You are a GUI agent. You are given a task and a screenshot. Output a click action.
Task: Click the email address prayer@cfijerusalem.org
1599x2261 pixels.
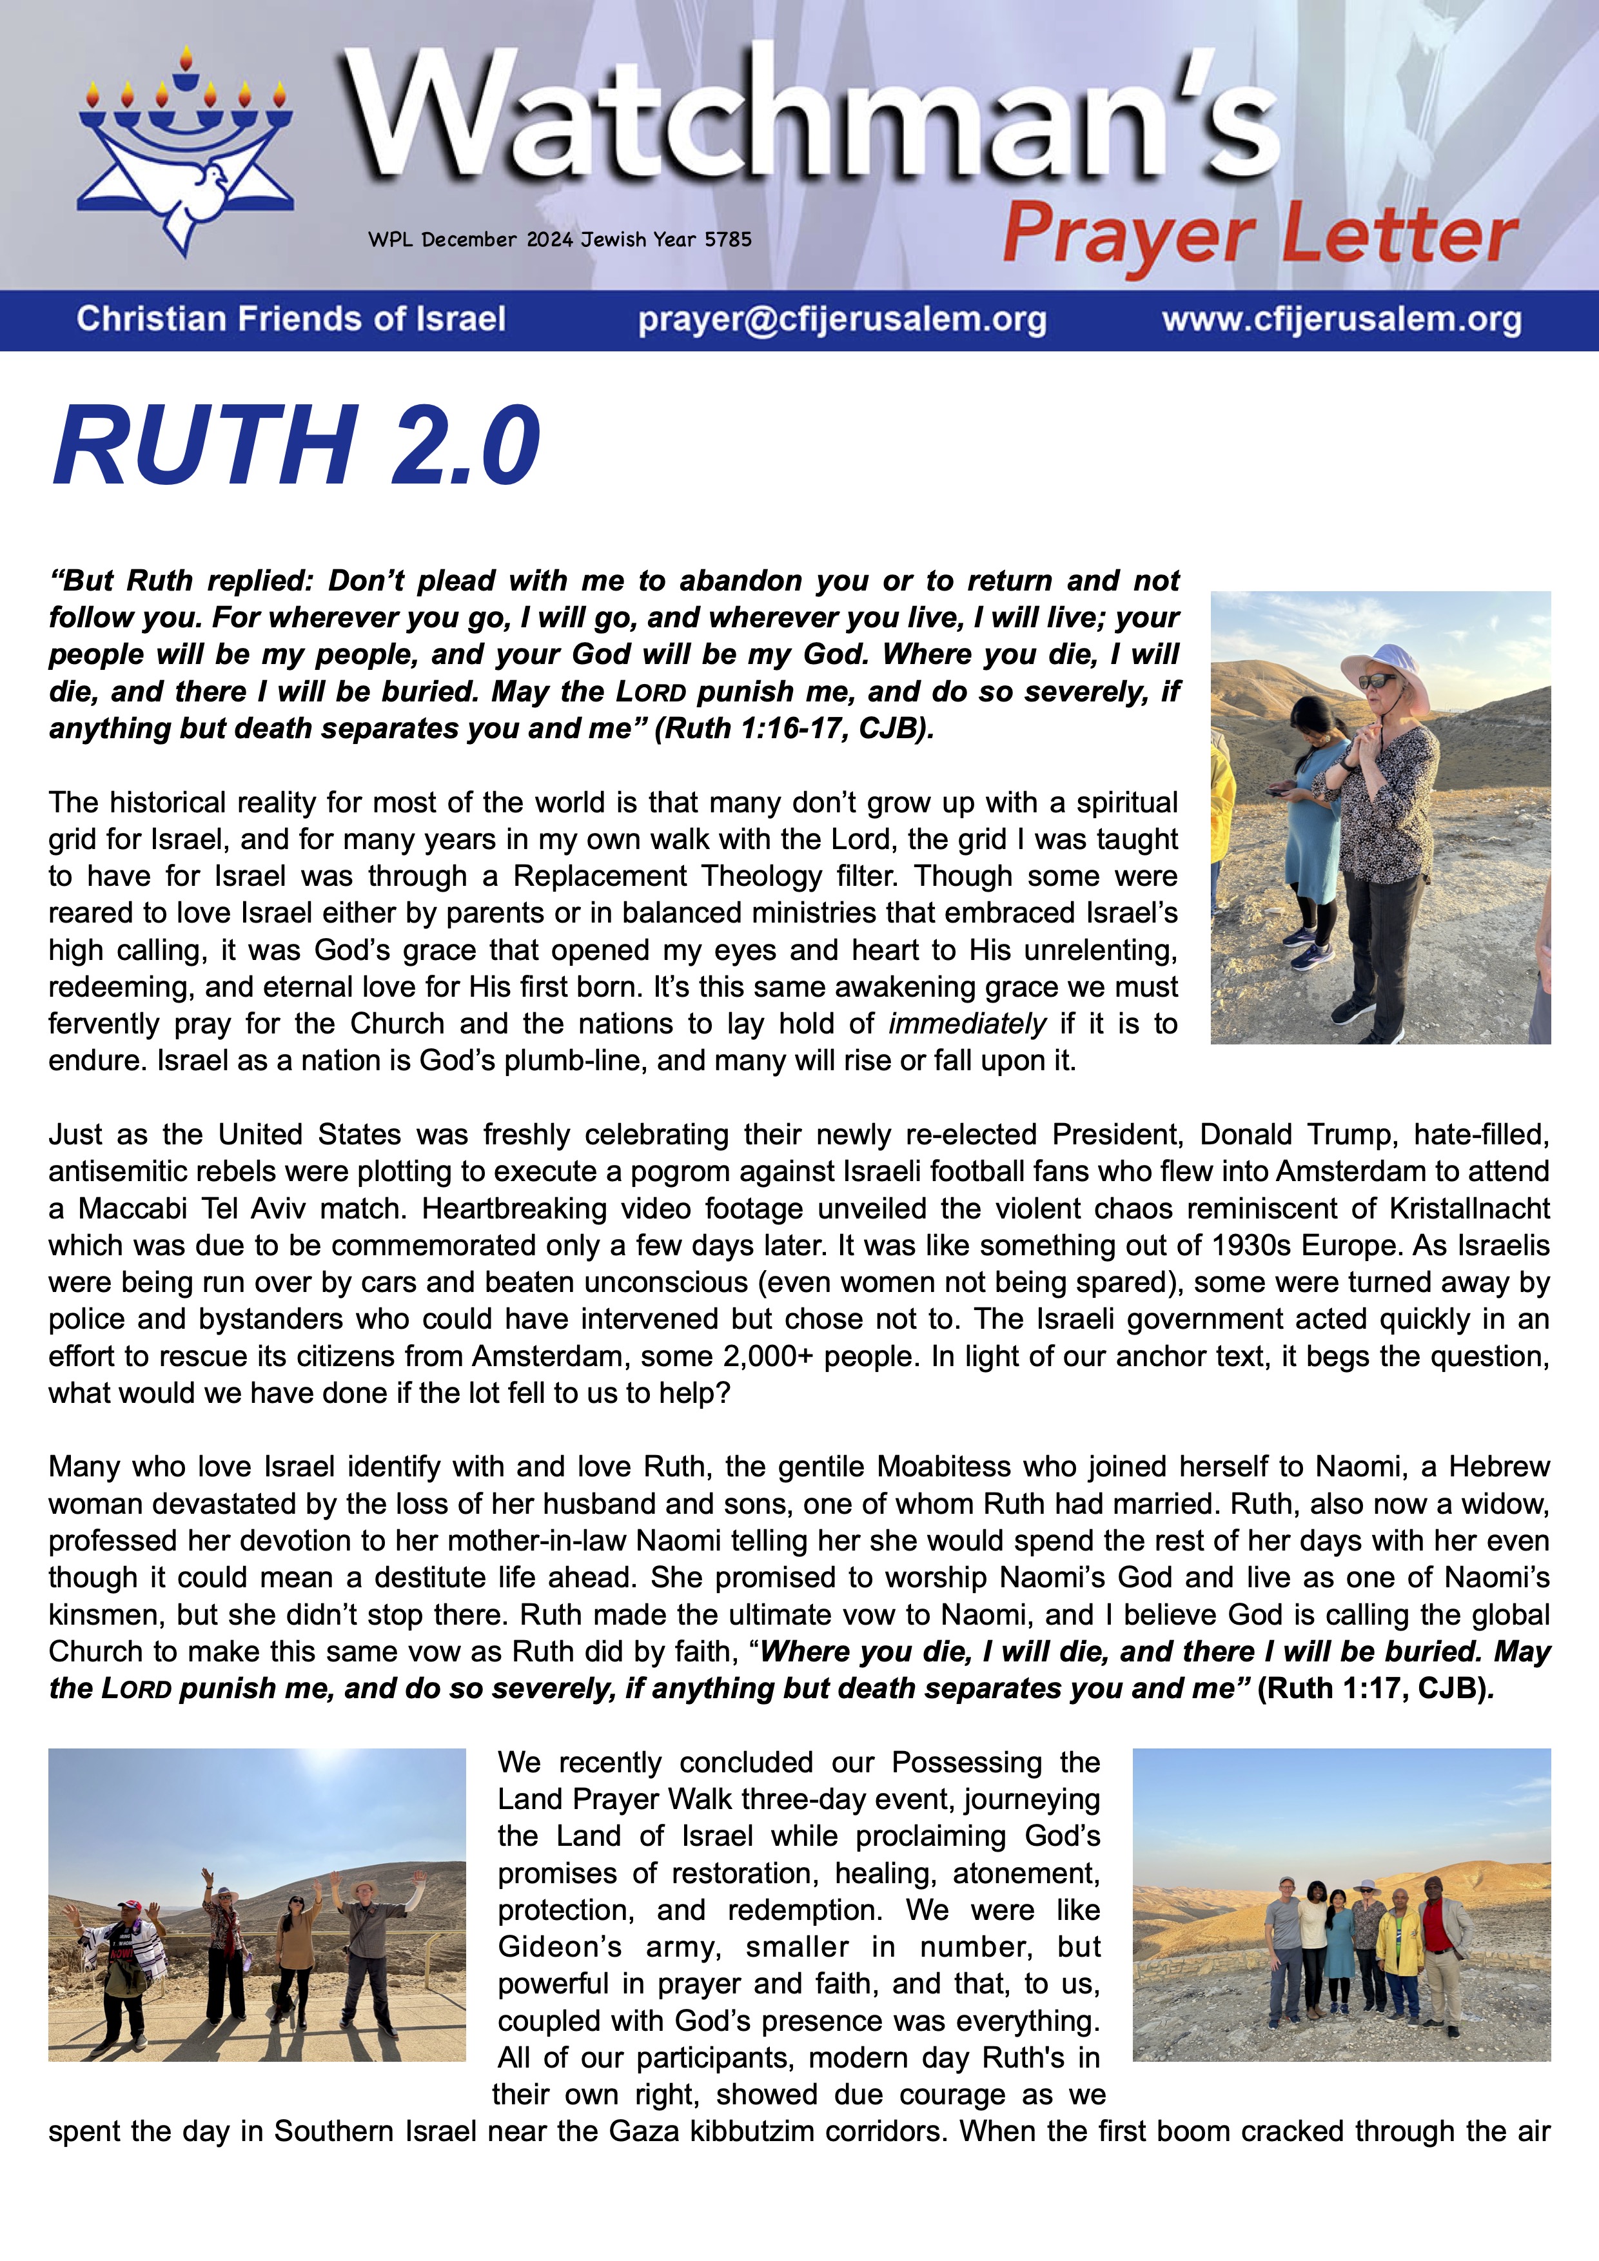click(842, 320)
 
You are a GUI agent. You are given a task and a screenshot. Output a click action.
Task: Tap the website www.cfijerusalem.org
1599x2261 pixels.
click(1341, 320)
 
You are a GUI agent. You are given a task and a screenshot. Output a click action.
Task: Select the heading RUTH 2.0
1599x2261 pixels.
click(295, 446)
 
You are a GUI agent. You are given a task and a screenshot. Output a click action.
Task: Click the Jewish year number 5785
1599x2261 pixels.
click(728, 239)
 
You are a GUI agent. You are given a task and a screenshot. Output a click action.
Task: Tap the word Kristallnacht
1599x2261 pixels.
click(1469, 1208)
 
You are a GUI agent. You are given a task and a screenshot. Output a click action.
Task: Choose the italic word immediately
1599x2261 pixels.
click(967, 1024)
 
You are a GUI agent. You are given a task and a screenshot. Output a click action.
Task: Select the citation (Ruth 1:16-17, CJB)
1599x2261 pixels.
click(794, 729)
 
